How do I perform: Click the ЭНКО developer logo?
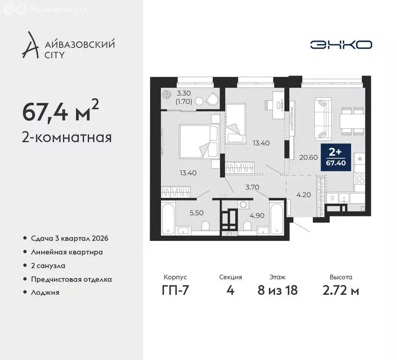click(x=341, y=45)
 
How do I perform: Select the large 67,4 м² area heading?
click(x=60, y=112)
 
